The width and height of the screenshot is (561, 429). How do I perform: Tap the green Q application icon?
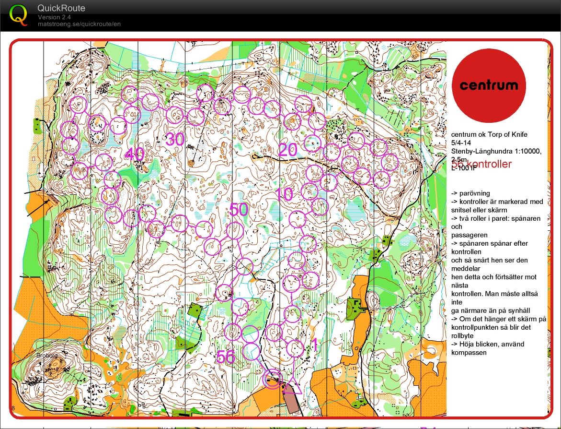tap(19, 14)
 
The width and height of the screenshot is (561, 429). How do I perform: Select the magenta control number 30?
tap(175, 140)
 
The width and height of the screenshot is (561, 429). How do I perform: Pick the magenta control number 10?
tap(284, 194)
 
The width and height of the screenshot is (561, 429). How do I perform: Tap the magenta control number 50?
tap(239, 210)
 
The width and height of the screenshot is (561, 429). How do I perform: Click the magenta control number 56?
tap(226, 357)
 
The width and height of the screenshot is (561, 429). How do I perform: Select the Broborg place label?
tap(46, 356)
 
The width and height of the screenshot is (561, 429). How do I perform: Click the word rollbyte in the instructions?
tap(462, 336)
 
